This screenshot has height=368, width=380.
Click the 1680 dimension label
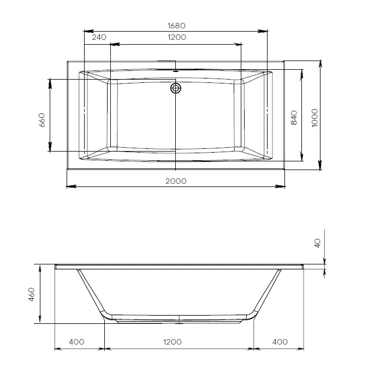176,26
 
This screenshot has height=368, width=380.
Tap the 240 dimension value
99,37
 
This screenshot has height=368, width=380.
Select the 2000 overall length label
176,181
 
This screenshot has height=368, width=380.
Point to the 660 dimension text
42,120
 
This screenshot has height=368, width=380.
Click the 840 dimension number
294,118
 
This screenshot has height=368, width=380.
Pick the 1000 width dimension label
314,118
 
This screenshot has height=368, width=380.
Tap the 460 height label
32,294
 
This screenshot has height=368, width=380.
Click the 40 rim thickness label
317,243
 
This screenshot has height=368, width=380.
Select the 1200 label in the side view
173,342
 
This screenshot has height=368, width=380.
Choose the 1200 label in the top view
177,37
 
